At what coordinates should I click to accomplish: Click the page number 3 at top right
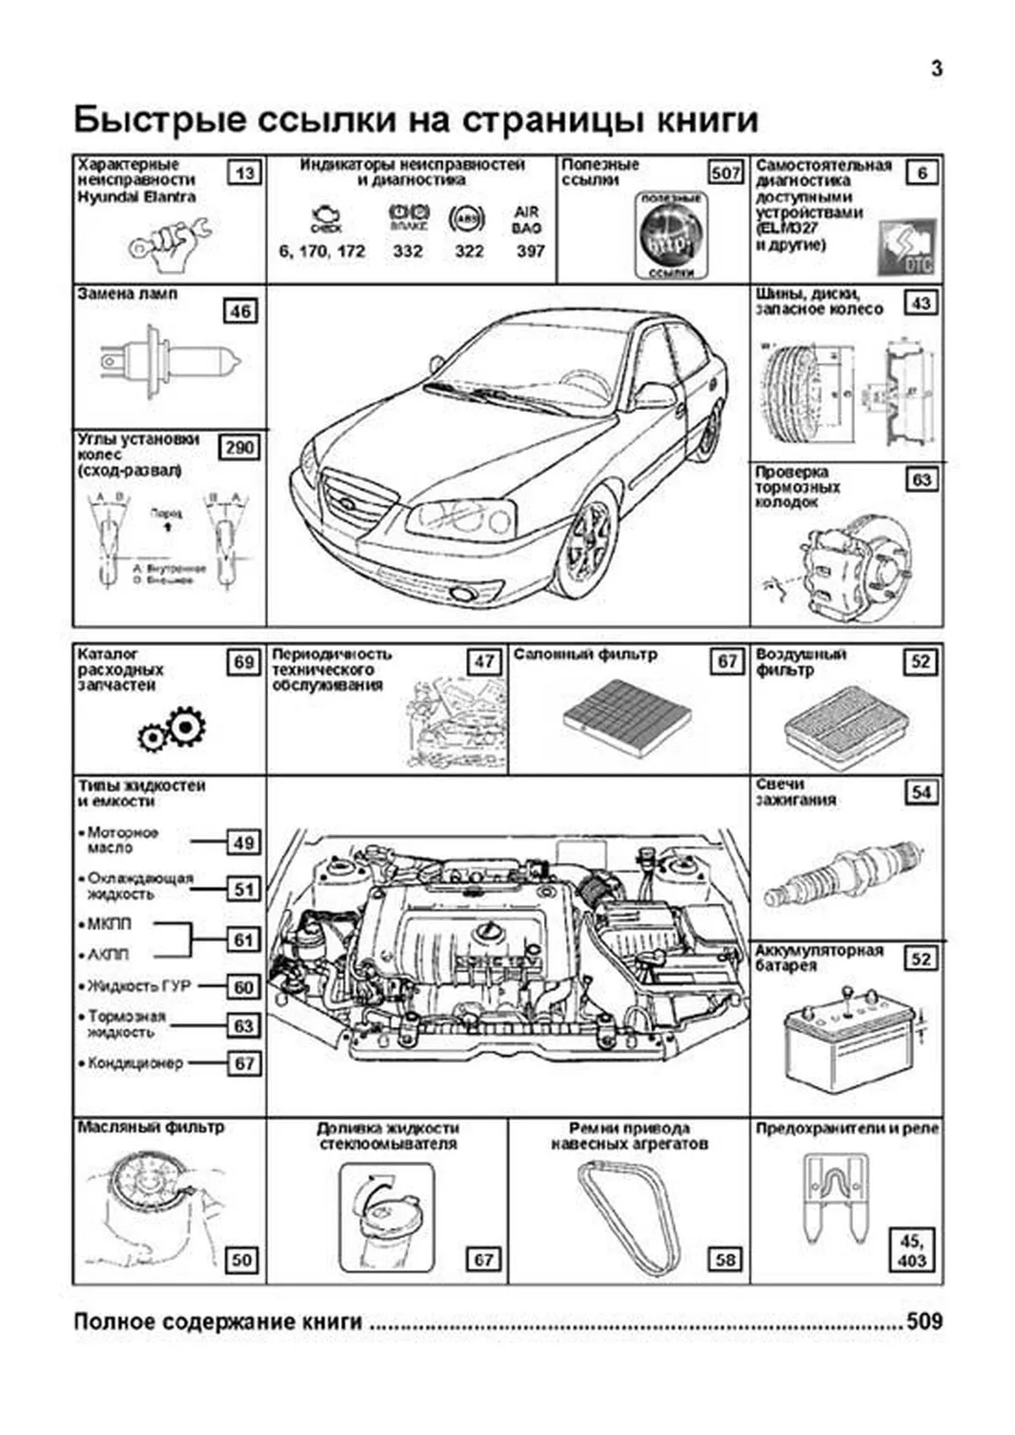[936, 69]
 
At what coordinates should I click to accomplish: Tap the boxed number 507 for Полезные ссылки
[726, 173]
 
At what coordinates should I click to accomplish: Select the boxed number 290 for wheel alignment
[239, 447]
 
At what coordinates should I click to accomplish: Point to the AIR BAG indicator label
[526, 220]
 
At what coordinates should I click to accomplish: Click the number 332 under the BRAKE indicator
[408, 251]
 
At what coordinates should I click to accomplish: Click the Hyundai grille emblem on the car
[346, 504]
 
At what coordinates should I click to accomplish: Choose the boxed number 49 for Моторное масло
[244, 842]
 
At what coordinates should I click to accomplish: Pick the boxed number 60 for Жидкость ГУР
[244, 987]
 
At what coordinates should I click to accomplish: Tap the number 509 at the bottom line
[924, 1321]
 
